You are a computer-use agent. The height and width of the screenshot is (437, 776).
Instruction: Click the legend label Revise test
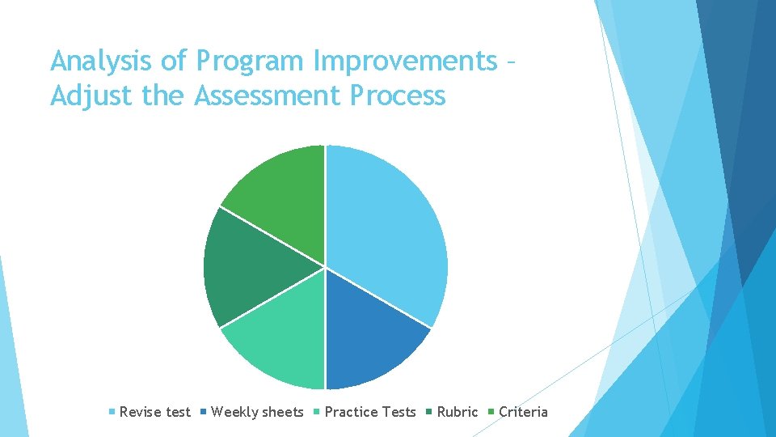click(154, 412)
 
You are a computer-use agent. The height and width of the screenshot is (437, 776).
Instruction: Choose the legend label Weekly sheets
click(257, 412)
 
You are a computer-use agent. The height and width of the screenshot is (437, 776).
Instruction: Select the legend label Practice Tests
click(370, 412)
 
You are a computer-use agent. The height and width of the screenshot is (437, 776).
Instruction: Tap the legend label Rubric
click(458, 412)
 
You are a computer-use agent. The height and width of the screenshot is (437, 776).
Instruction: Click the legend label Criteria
click(523, 412)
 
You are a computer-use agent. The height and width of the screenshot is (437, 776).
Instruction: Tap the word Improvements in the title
click(405, 62)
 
